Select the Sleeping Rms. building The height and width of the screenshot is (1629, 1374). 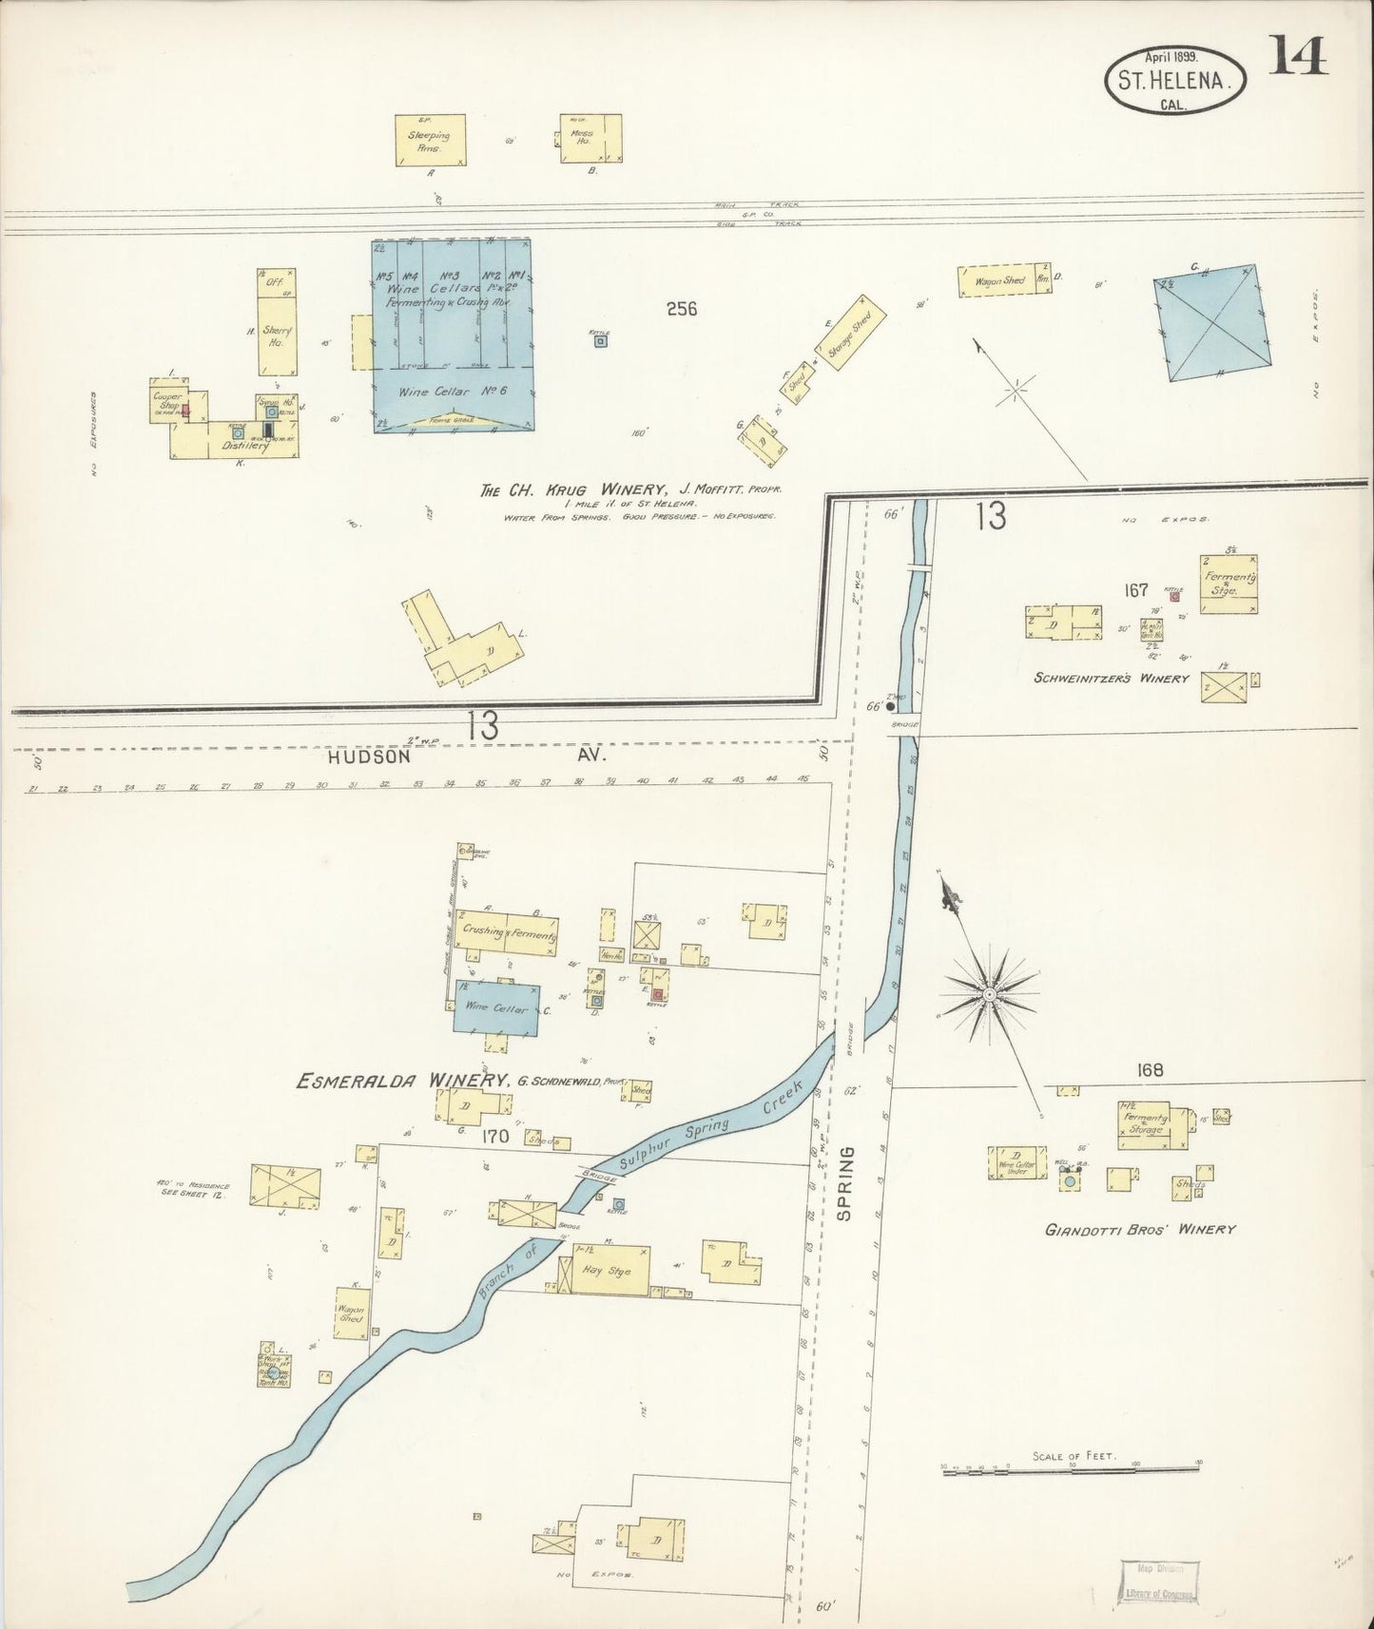click(x=430, y=141)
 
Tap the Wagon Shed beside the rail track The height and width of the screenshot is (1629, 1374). click(x=1005, y=281)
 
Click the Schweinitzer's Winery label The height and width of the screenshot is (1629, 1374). click(x=1112, y=679)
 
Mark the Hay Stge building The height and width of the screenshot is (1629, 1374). click(x=609, y=1271)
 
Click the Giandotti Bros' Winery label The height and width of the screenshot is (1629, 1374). click(x=1139, y=1229)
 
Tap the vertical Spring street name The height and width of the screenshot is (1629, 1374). click(x=847, y=1182)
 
